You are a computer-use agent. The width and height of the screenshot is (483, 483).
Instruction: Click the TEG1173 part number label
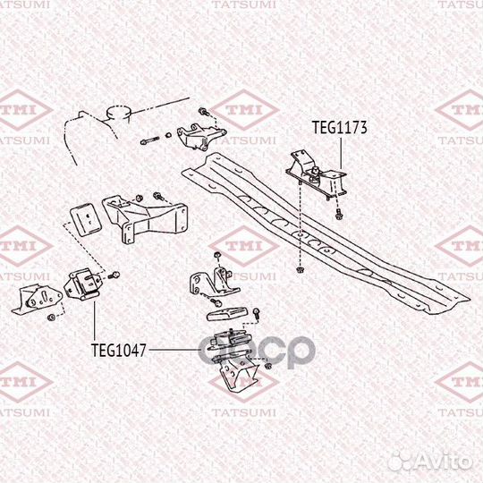pyautogui.click(x=340, y=128)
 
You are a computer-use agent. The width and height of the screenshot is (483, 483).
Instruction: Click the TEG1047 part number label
pyautogui.click(x=119, y=351)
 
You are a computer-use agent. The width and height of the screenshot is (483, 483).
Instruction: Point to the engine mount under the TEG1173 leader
pyautogui.click(x=317, y=175)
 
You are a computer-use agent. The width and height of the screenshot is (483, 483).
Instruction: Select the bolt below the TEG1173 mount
pyautogui.click(x=339, y=214)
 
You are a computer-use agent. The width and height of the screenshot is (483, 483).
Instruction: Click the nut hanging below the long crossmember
pyautogui.click(x=299, y=270)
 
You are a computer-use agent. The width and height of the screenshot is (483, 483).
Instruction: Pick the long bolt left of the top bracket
pyautogui.click(x=149, y=140)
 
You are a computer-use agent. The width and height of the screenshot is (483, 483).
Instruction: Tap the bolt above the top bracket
pyautogui.click(x=204, y=111)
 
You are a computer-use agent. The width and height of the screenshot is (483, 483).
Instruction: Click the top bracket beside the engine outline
pyautogui.click(x=200, y=137)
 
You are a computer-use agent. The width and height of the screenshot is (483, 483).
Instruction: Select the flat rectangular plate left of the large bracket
pyautogui.click(x=86, y=219)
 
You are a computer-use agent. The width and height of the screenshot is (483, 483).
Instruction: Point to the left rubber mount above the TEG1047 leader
pyautogui.click(x=82, y=284)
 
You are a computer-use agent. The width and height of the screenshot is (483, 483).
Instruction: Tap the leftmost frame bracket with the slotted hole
pyautogui.click(x=37, y=300)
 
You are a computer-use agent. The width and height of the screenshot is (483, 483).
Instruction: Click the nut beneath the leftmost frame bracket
pyautogui.click(x=51, y=317)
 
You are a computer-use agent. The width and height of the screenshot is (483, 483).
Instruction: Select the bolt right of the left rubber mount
pyautogui.click(x=114, y=275)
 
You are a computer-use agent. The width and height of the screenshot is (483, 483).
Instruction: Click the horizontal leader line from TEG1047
pyautogui.click(x=174, y=350)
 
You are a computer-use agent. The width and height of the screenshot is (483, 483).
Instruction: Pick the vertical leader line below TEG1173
pyautogui.click(x=341, y=153)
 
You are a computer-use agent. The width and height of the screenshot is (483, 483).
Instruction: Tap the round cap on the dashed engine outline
pyautogui.click(x=119, y=113)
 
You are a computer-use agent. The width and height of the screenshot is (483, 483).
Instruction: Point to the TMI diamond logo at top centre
pyautogui.click(x=244, y=110)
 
